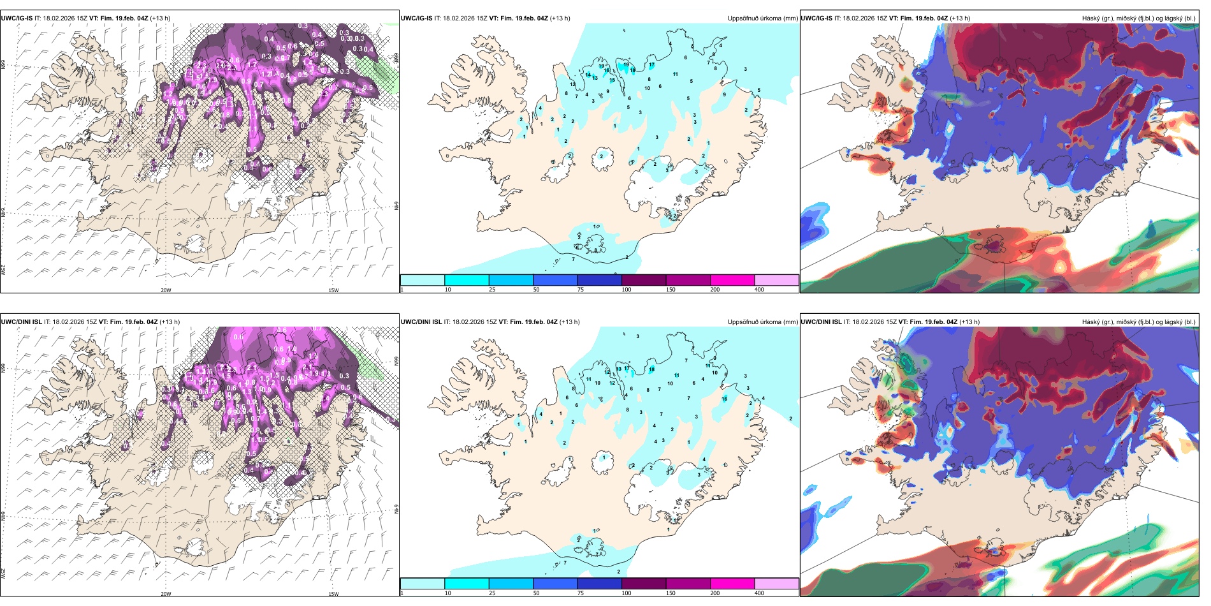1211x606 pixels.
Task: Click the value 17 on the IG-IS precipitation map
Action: click(x=651, y=65)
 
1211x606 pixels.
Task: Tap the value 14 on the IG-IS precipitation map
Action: click(x=588, y=75)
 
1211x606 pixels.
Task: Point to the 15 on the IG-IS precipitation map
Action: click(x=612, y=80)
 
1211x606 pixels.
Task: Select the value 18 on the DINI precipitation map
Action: click(x=651, y=370)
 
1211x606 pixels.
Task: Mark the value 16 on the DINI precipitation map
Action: click(x=724, y=399)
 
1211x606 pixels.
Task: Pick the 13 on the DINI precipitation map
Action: click(x=618, y=369)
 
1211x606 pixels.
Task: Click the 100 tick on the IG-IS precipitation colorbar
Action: click(x=627, y=290)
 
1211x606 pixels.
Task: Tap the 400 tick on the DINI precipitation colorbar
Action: click(x=759, y=593)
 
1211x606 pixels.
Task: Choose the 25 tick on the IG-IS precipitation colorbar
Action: click(x=492, y=290)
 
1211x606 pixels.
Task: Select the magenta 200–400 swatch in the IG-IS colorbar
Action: click(x=732, y=280)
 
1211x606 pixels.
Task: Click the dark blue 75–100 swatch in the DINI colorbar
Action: click(x=599, y=584)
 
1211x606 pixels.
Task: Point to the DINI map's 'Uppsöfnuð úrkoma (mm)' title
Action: click(x=762, y=322)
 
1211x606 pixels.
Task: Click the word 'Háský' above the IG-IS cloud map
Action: click(x=1091, y=18)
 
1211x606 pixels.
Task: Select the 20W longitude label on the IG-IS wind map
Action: click(x=166, y=290)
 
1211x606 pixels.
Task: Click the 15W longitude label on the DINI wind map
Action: click(x=333, y=594)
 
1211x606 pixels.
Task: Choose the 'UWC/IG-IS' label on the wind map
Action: click(x=17, y=18)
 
